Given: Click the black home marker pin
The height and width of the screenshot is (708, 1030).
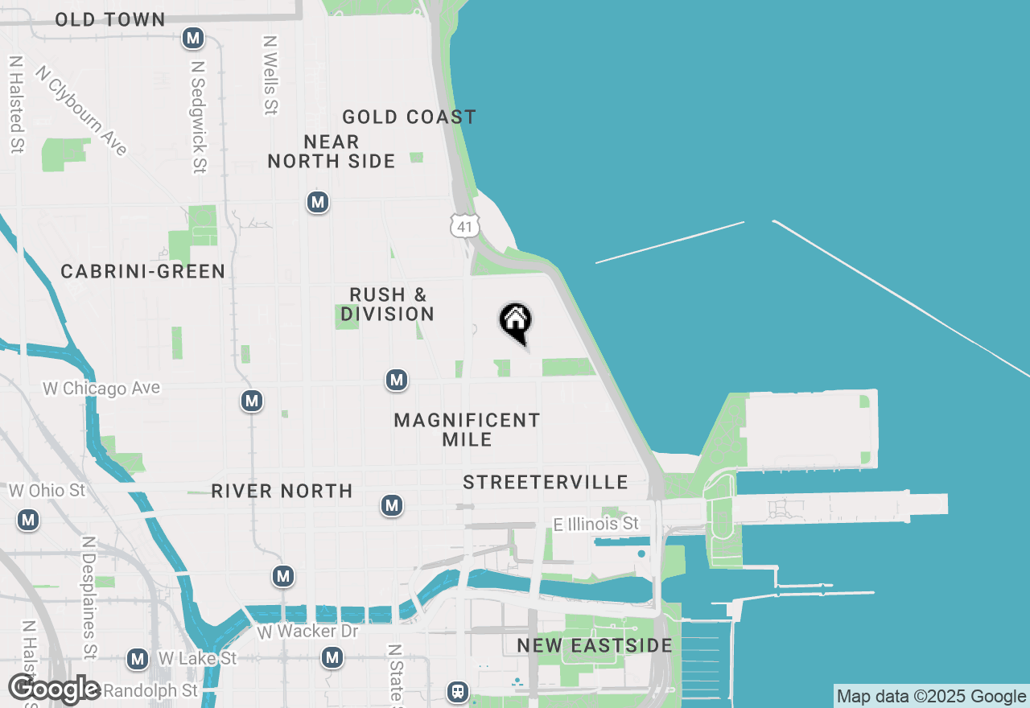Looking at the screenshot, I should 516,323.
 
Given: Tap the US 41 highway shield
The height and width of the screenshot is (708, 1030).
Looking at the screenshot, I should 464,226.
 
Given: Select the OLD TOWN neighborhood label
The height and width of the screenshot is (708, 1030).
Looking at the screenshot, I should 110,19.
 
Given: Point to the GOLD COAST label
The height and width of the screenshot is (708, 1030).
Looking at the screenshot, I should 409,117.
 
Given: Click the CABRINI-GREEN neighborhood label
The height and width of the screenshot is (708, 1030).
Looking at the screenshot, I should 143,271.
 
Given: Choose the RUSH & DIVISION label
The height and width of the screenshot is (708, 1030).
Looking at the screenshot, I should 387,304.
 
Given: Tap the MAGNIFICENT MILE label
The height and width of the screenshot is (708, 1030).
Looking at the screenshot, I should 467,430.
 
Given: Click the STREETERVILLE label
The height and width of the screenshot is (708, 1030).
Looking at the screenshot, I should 546,482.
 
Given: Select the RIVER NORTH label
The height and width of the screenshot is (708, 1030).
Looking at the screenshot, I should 282,491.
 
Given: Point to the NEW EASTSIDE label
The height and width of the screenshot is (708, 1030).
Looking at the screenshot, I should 595,645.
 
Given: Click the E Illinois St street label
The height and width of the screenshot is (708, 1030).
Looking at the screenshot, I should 596,525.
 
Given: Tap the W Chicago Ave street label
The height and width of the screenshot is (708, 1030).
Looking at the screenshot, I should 101,389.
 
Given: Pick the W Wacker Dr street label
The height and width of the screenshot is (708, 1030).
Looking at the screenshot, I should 307,632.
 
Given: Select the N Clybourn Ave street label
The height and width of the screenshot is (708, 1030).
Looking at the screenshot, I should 81,109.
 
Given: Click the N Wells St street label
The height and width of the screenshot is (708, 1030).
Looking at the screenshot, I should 270,74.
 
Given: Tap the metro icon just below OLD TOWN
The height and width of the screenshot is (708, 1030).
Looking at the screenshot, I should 192,38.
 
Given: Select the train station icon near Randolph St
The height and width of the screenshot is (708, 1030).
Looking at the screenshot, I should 458,691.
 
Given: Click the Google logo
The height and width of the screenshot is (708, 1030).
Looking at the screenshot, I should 55,689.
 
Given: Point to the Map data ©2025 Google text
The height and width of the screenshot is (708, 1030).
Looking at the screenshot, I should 931,697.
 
